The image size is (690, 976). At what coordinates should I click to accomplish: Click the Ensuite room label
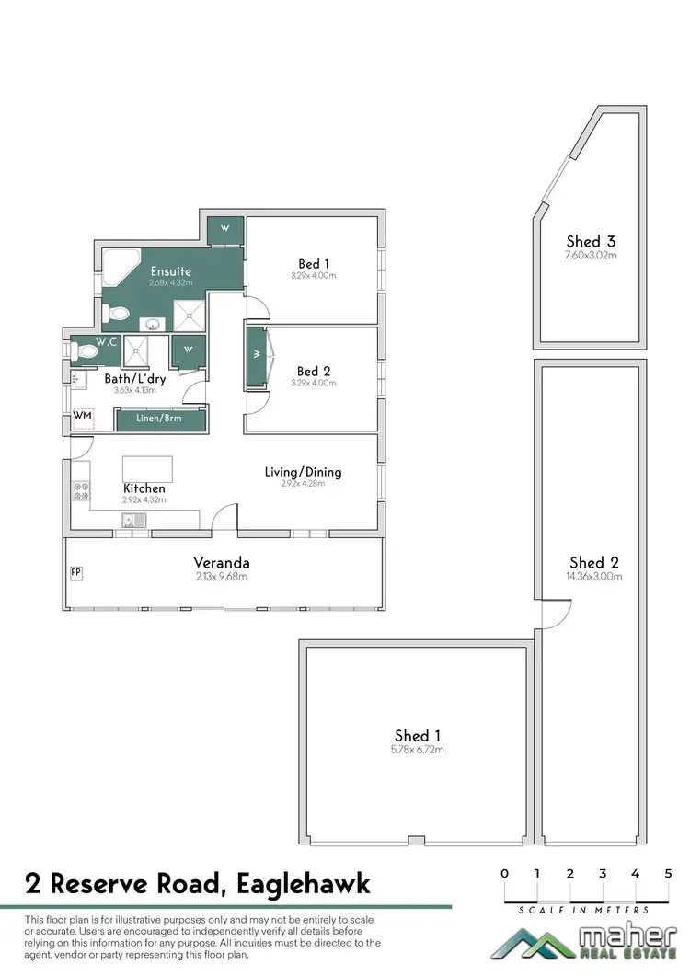[171, 271]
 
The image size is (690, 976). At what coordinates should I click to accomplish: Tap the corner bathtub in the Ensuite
[115, 266]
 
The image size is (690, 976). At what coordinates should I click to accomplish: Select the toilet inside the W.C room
[87, 350]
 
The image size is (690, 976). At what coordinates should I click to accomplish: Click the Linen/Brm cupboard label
[160, 419]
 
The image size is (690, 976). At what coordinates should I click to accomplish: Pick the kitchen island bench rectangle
[147, 465]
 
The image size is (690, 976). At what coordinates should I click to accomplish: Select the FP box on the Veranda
[75, 572]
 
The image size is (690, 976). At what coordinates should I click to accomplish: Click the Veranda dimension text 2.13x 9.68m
[222, 577]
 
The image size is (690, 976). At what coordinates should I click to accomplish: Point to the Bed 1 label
[314, 263]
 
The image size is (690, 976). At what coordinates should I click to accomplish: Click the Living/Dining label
[303, 472]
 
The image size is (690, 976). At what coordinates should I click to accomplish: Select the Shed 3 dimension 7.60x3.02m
[590, 255]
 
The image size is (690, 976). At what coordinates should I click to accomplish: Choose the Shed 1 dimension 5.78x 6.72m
[419, 750]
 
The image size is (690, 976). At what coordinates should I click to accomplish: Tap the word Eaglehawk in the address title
[304, 884]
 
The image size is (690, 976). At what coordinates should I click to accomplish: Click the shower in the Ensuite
[192, 317]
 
